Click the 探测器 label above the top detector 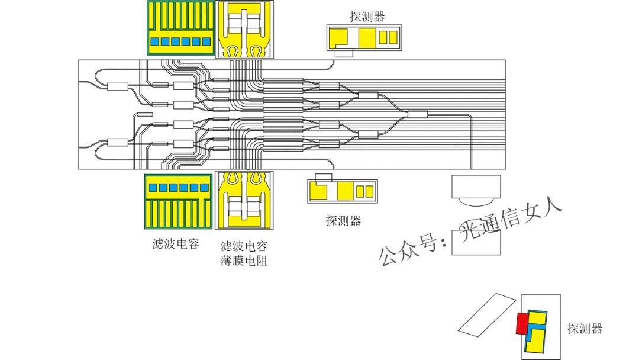367,17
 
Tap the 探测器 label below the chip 343,221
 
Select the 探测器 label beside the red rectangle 585,329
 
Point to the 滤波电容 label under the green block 175,244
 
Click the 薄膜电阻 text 244,260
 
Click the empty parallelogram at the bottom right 488,313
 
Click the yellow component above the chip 245,30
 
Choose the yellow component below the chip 245,200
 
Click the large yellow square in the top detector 367,37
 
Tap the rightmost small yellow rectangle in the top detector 393,37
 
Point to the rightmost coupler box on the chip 418,114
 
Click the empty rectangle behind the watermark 476,243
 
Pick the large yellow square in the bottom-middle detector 345,191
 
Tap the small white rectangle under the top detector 344,53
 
